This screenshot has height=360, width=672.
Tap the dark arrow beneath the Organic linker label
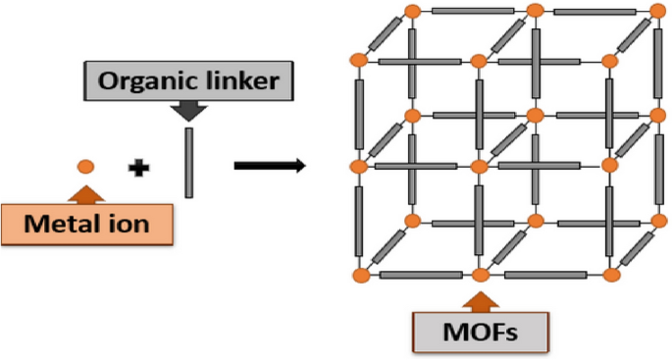[x=188, y=111]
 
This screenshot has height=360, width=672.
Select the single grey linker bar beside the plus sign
[x=188, y=162]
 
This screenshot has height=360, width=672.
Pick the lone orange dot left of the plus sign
[x=85, y=167]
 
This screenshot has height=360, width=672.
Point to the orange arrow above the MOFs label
[x=480, y=298]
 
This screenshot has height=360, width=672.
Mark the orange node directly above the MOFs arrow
[x=480, y=274]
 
